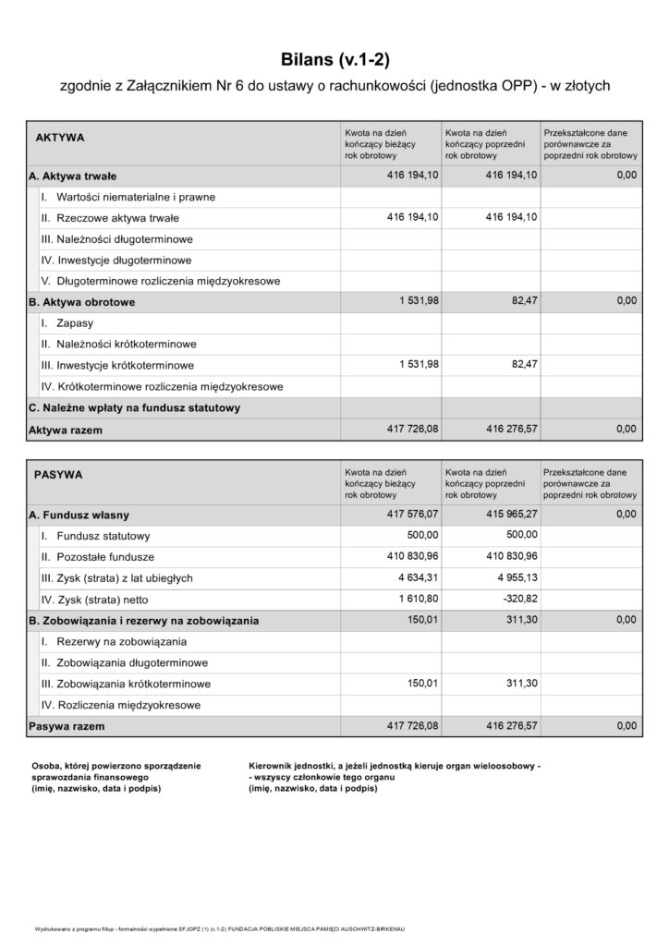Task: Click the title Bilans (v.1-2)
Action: [x=334, y=60]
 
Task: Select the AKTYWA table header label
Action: [x=60, y=138]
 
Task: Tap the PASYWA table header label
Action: [x=58, y=475]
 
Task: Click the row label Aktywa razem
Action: [x=66, y=430]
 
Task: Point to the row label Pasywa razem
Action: [x=67, y=727]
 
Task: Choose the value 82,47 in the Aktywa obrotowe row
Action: [x=522, y=300]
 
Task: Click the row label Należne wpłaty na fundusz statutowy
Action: [x=135, y=407]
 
